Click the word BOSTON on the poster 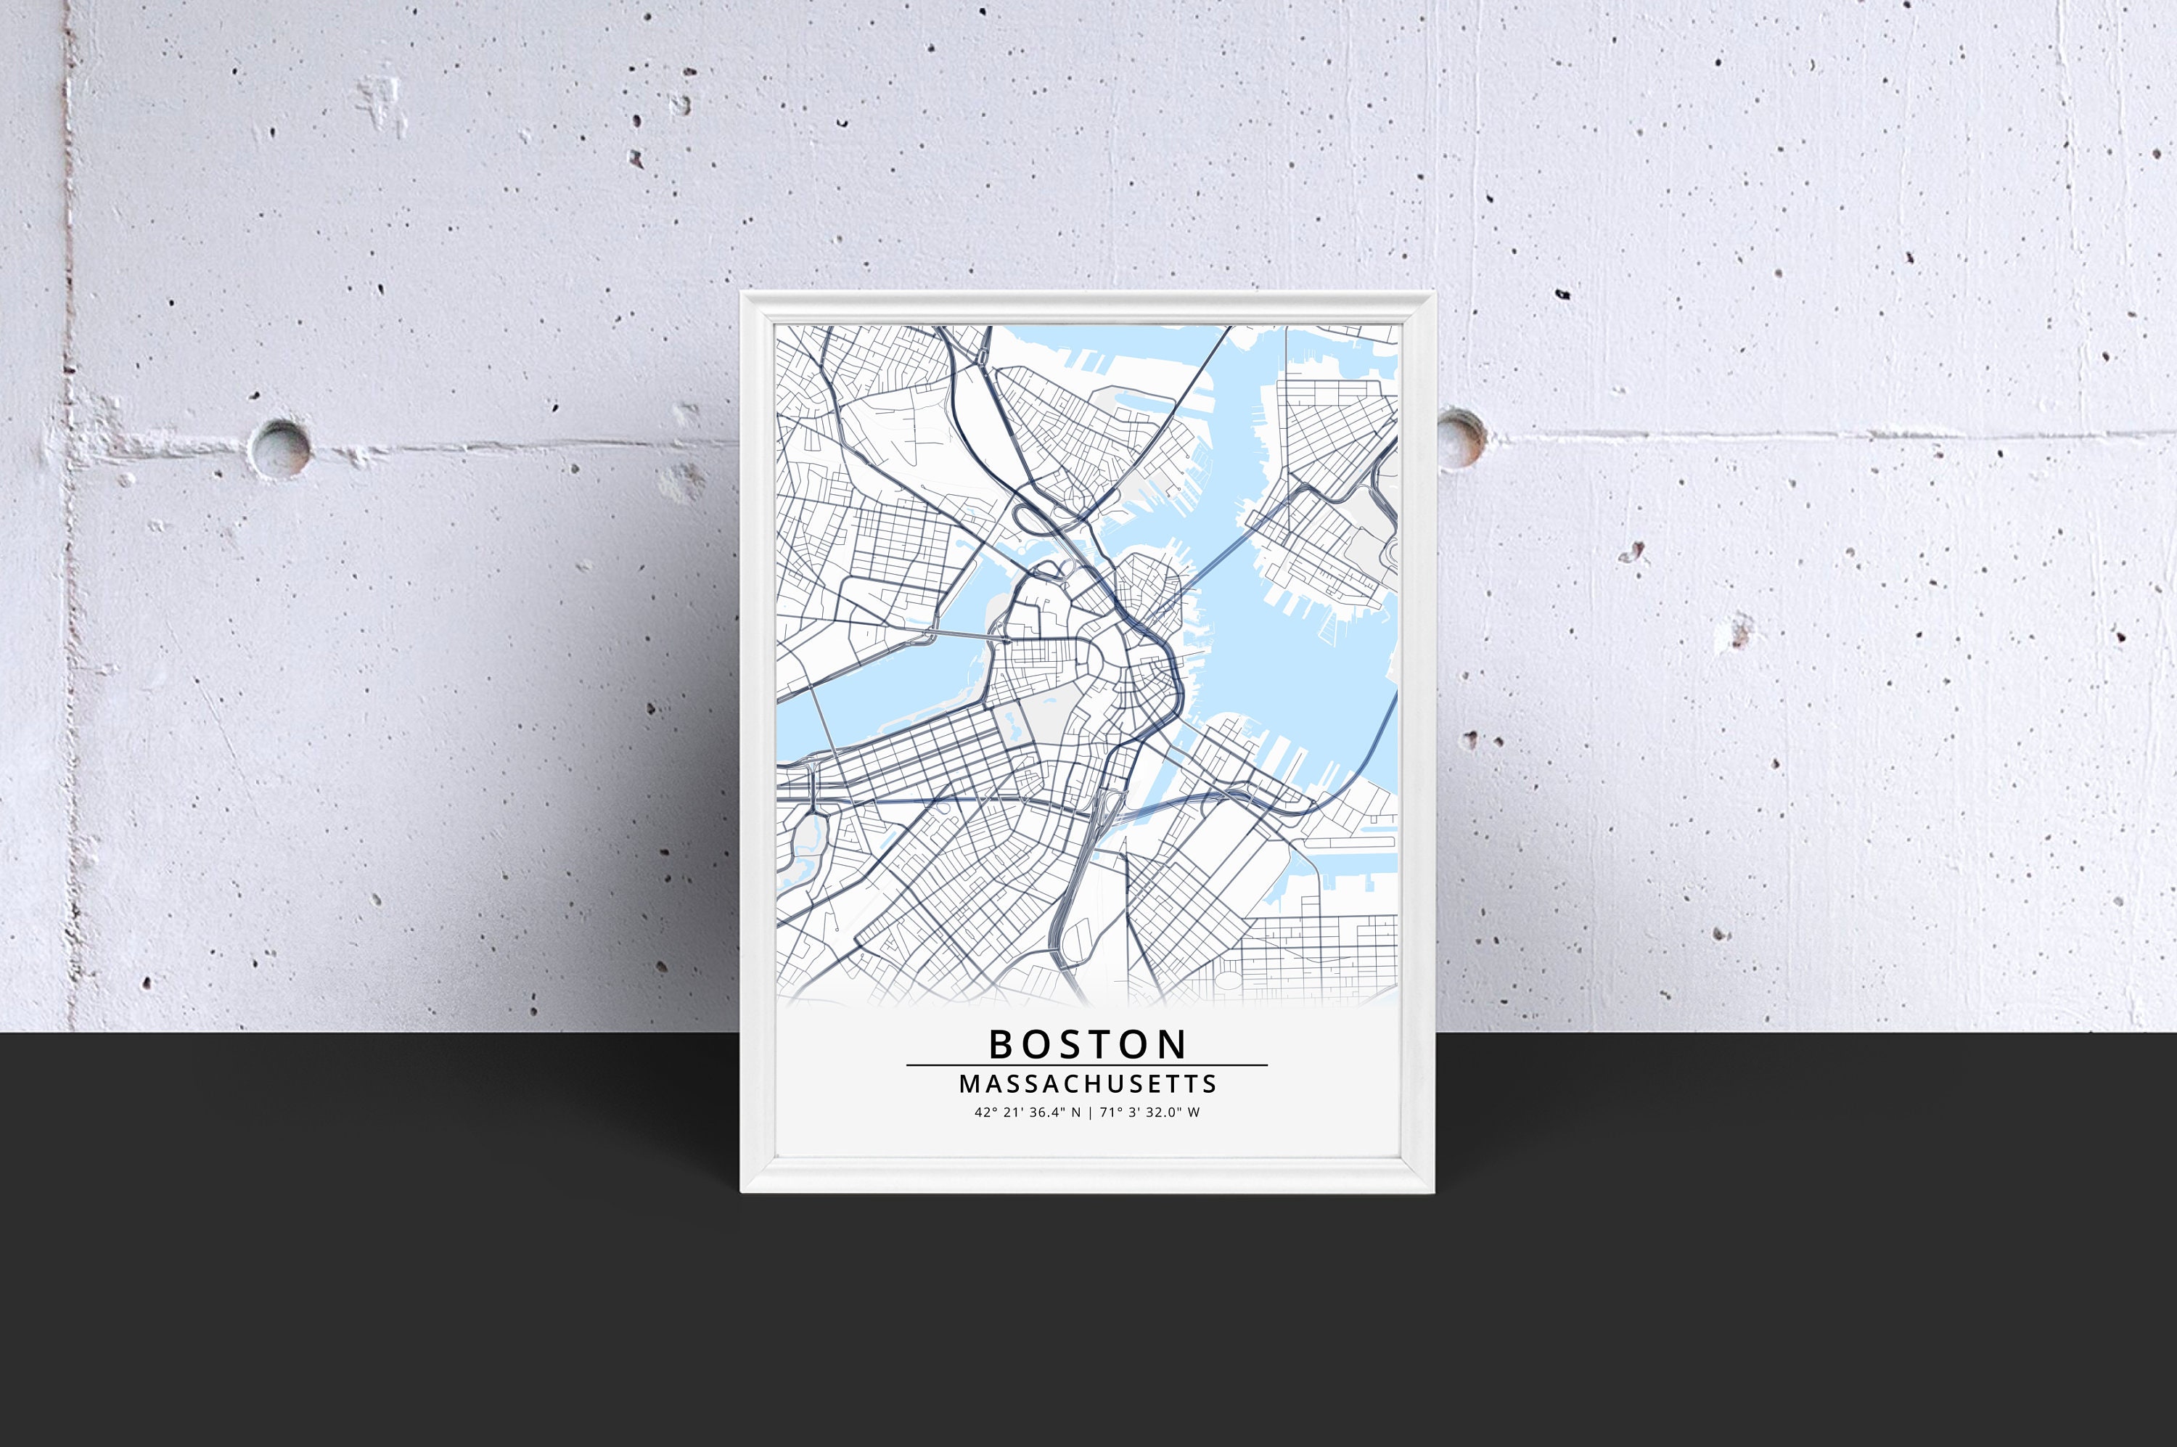(x=1087, y=1045)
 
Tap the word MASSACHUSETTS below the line (x=1088, y=1083)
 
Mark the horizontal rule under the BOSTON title (x=1087, y=1065)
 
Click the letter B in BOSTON (x=1001, y=1045)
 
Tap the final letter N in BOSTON (x=1174, y=1045)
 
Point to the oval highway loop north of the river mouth (x=1043, y=522)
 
